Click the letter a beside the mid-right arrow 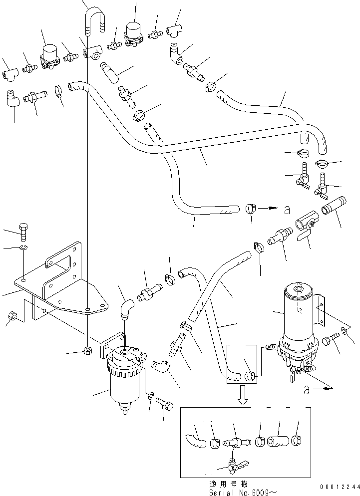[286, 211]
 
